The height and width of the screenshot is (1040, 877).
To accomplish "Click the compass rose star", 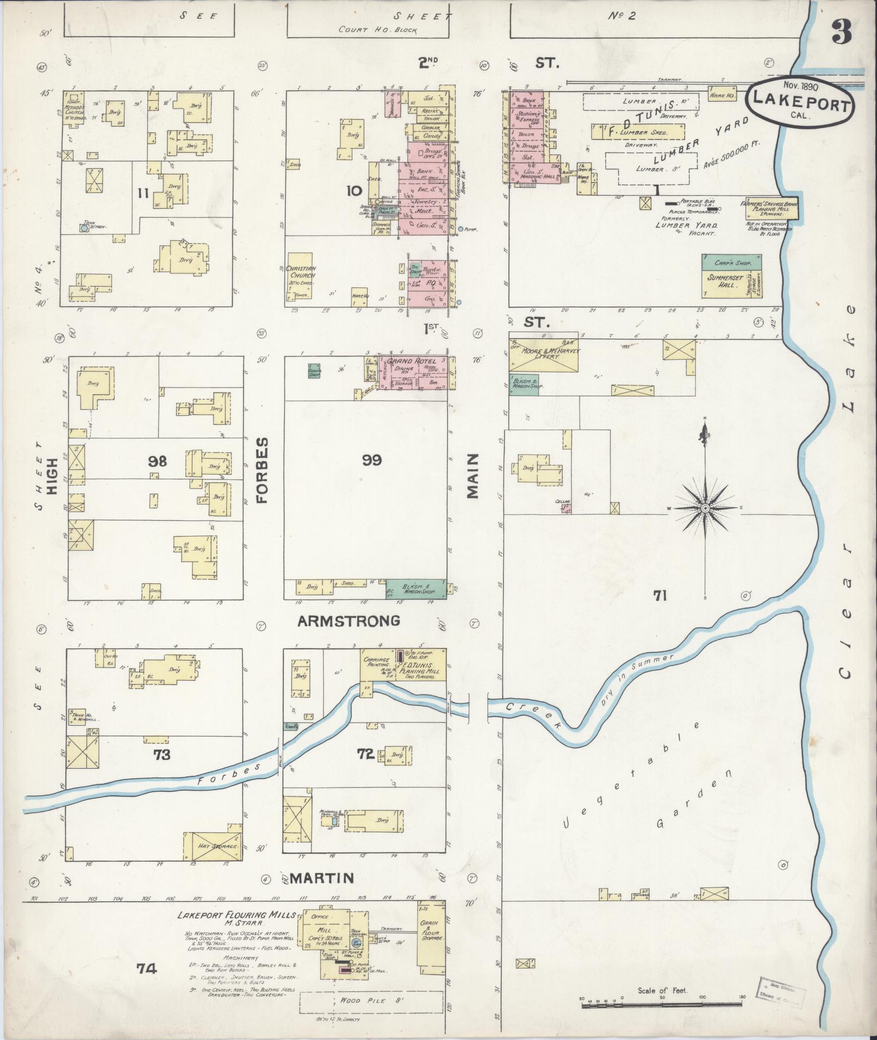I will coord(705,508).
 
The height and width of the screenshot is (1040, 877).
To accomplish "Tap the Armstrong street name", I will coord(349,620).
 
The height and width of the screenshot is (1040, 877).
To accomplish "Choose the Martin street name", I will coord(321,877).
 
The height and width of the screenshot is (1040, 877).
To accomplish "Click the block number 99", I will coord(372,460).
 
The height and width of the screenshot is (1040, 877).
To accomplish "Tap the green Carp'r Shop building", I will coord(731,262).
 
